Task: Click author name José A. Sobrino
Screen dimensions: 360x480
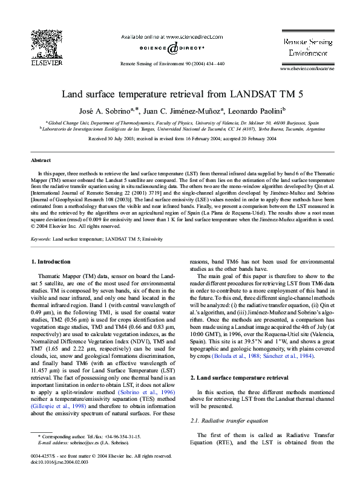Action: (x=103, y=111)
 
